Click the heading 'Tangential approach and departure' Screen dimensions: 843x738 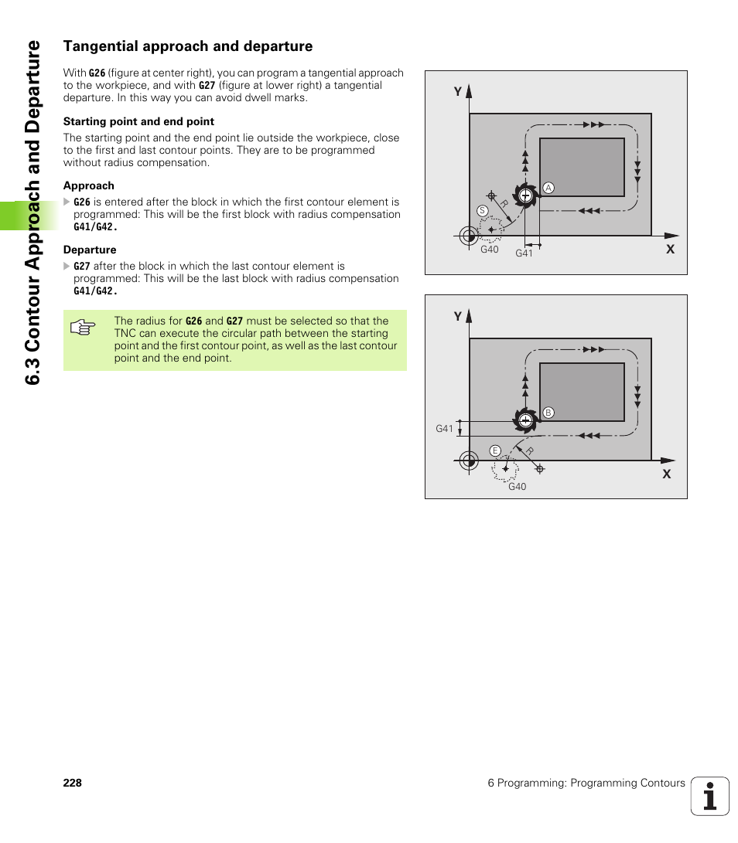point(188,46)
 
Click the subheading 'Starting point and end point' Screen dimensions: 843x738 point(138,121)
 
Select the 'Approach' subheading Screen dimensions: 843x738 point(89,185)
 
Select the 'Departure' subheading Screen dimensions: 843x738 point(90,250)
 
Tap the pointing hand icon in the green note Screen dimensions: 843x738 point(82,328)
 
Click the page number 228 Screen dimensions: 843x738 point(73,783)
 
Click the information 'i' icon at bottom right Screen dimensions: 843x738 point(710,796)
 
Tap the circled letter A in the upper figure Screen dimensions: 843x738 point(548,188)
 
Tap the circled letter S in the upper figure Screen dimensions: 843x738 point(482,211)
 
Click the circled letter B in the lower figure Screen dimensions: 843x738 point(548,413)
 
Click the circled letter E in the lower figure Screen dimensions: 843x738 point(495,450)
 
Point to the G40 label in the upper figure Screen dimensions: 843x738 point(490,250)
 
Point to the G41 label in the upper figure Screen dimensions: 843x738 point(524,253)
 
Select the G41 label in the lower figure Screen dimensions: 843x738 point(444,428)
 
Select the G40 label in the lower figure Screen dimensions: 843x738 point(517,487)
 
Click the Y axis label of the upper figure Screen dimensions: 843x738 point(457,92)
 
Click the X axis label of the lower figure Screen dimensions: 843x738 point(666,474)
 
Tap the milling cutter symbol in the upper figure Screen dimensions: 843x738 point(525,195)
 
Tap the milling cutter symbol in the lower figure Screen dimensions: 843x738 point(525,420)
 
